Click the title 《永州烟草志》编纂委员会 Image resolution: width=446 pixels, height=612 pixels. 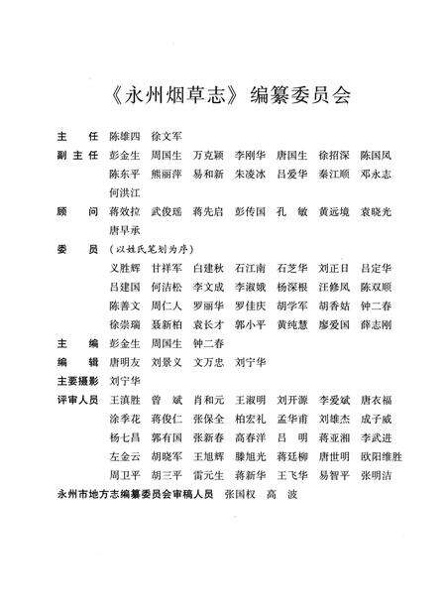click(x=226, y=96)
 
